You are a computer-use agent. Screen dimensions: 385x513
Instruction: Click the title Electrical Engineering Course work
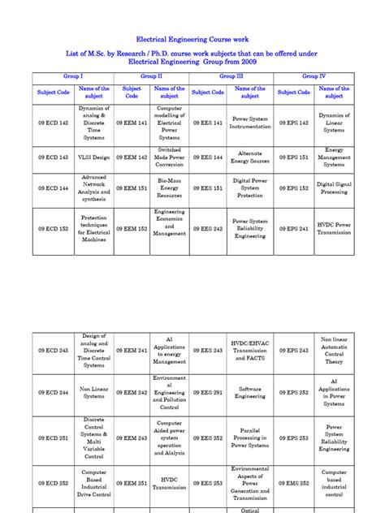click(x=192, y=38)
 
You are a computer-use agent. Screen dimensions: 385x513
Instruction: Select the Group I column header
click(x=71, y=75)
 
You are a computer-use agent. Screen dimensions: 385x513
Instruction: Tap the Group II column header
click(x=151, y=75)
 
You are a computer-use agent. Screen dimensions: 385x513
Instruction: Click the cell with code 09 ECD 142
click(x=52, y=122)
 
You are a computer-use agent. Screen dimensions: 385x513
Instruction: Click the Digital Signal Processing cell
click(x=334, y=188)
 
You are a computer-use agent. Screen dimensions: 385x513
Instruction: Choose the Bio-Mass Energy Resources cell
click(x=169, y=188)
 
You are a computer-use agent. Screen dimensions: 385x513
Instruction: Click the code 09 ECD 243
click(x=52, y=350)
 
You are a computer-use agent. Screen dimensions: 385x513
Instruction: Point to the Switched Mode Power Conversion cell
click(x=169, y=157)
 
